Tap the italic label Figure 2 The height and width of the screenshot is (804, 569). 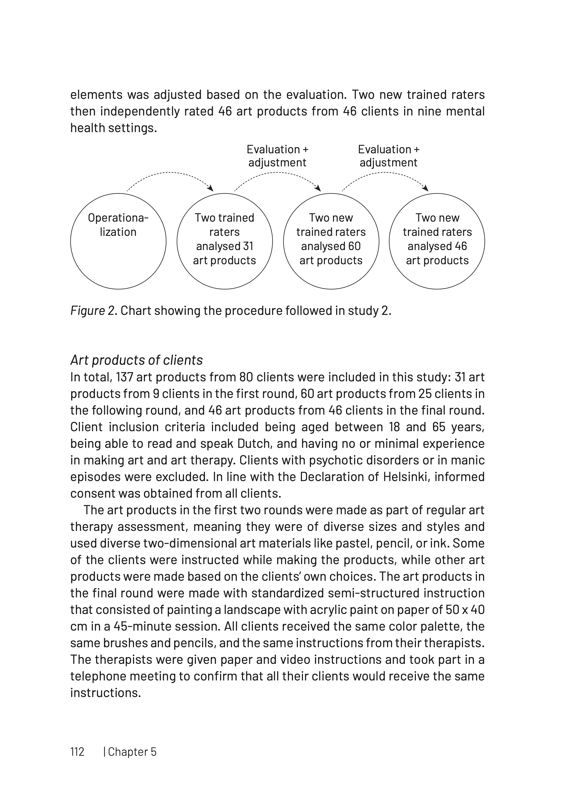[x=94, y=311]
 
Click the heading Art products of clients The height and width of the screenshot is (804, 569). [x=136, y=360]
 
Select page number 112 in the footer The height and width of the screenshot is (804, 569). [x=77, y=752]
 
